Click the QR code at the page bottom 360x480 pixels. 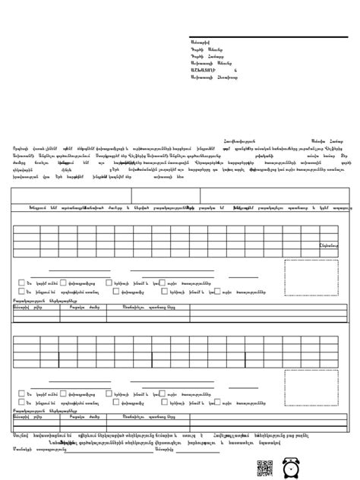[264, 469]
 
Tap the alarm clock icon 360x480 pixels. [289, 468]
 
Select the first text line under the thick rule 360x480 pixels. [204, 43]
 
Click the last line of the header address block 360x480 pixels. [213, 77]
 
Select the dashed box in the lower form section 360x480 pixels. [311, 387]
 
